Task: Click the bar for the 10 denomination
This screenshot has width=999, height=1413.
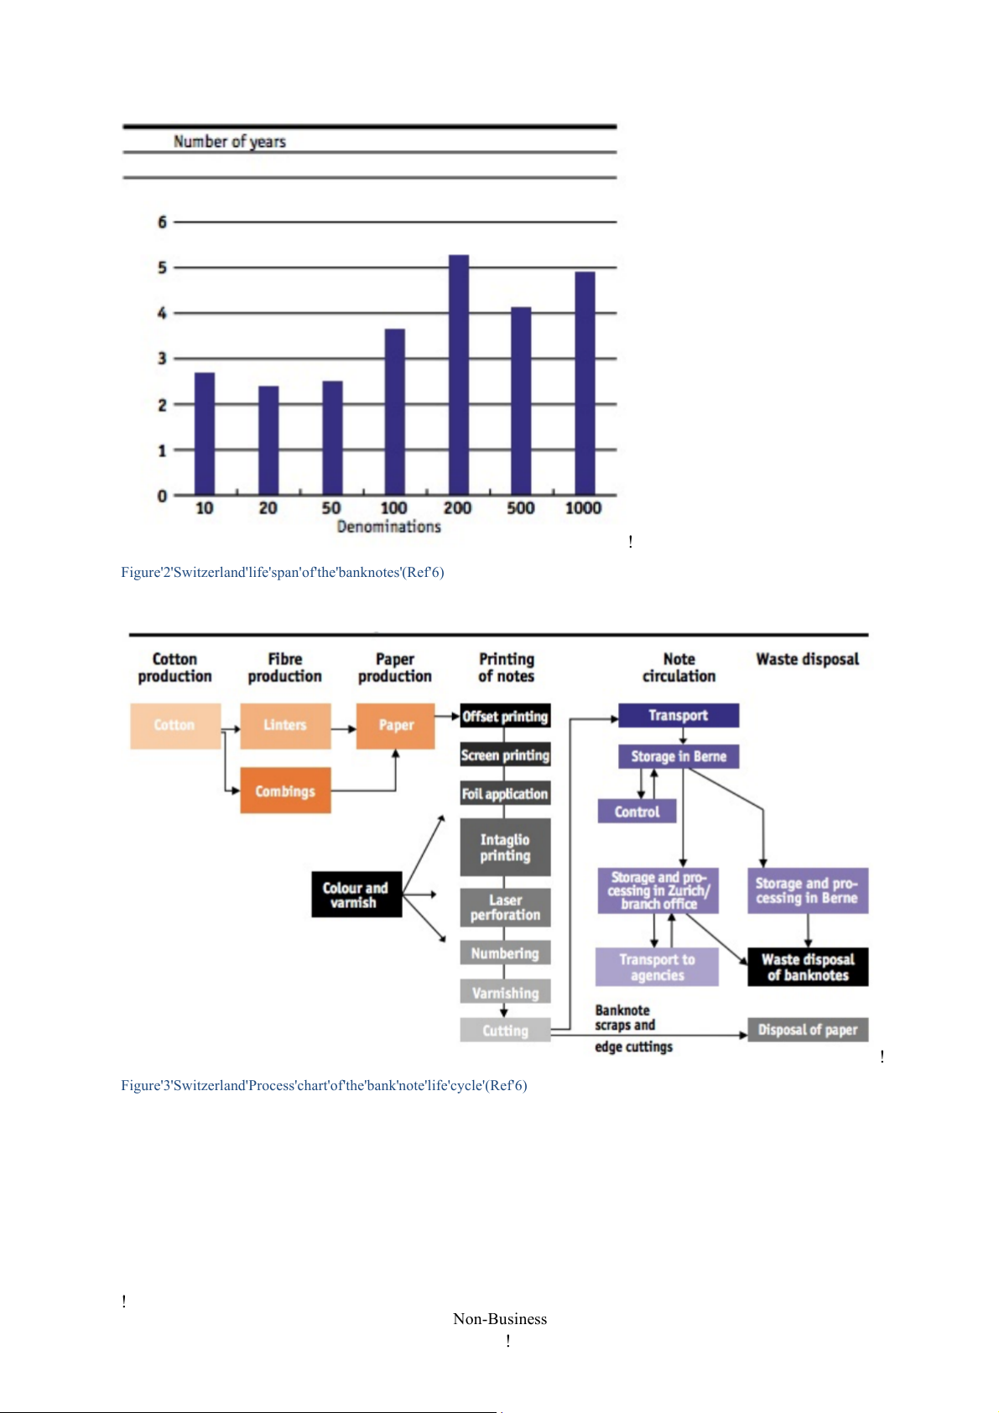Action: click(205, 434)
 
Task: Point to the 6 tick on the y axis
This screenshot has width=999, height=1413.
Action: click(162, 222)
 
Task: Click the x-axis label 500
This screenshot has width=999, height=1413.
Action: click(520, 508)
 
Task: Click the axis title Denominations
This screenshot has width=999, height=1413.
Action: click(388, 527)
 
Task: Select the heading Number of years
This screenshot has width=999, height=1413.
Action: click(229, 142)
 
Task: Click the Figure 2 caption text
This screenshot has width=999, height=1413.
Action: click(282, 573)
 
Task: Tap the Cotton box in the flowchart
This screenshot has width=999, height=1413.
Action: click(174, 725)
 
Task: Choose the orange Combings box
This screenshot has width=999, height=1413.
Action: click(285, 791)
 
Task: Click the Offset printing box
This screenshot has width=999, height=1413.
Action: click(505, 716)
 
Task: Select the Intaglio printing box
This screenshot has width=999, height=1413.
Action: click(505, 848)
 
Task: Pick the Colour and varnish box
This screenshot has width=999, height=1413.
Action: click(356, 895)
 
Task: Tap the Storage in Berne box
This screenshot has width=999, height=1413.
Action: click(679, 756)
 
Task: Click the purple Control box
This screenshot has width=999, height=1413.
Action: click(637, 812)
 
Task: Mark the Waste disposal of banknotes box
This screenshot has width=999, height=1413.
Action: click(808, 967)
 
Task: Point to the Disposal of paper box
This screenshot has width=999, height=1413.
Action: click(808, 1030)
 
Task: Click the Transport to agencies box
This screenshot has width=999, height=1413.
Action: click(657, 967)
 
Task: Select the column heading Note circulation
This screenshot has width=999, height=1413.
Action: click(679, 668)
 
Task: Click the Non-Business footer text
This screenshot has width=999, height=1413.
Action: click(500, 1319)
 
